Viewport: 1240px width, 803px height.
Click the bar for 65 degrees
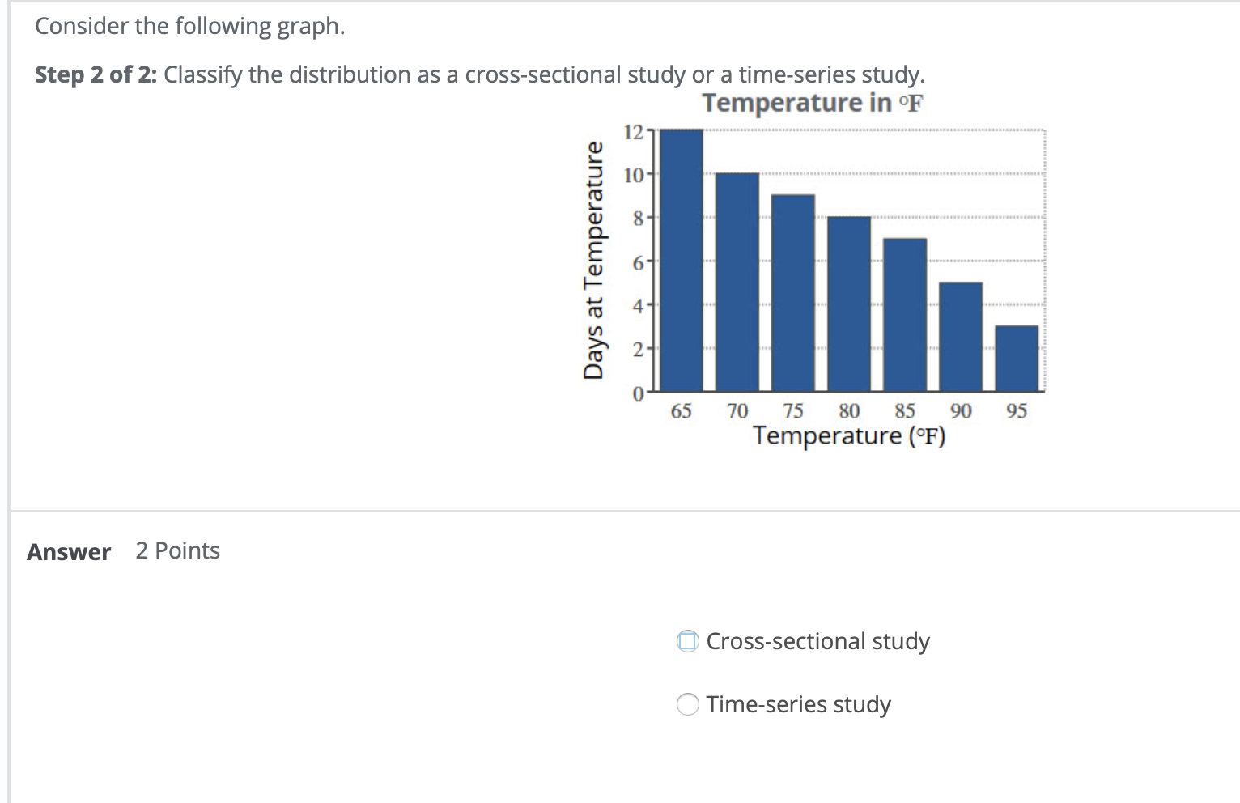[682, 260]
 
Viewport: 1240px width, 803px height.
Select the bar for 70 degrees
[737, 282]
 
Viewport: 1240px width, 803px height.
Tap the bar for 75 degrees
[793, 293]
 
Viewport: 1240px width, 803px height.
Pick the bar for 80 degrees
[849, 304]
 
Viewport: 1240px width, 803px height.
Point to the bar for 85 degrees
[905, 315]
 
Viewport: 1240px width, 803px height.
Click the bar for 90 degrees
[961, 337]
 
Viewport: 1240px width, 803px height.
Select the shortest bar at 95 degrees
[1017, 359]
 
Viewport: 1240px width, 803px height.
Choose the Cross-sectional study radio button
[688, 641]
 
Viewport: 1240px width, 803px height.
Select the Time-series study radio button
[688, 704]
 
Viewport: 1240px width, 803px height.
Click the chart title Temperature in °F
[812, 103]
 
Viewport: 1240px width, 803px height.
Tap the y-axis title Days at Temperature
[593, 260]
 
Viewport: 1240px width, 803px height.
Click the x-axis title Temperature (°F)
[849, 435]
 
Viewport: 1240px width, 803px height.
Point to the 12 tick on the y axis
[634, 131]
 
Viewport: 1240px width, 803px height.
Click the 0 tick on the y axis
[638, 394]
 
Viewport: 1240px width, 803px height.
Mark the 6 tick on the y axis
[638, 262]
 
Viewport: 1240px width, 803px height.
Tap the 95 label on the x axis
[1017, 411]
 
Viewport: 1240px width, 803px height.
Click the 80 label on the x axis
[849, 411]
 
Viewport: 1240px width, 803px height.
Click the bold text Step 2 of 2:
[96, 74]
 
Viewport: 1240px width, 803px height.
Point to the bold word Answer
[69, 552]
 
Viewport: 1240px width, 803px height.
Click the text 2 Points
[177, 550]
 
